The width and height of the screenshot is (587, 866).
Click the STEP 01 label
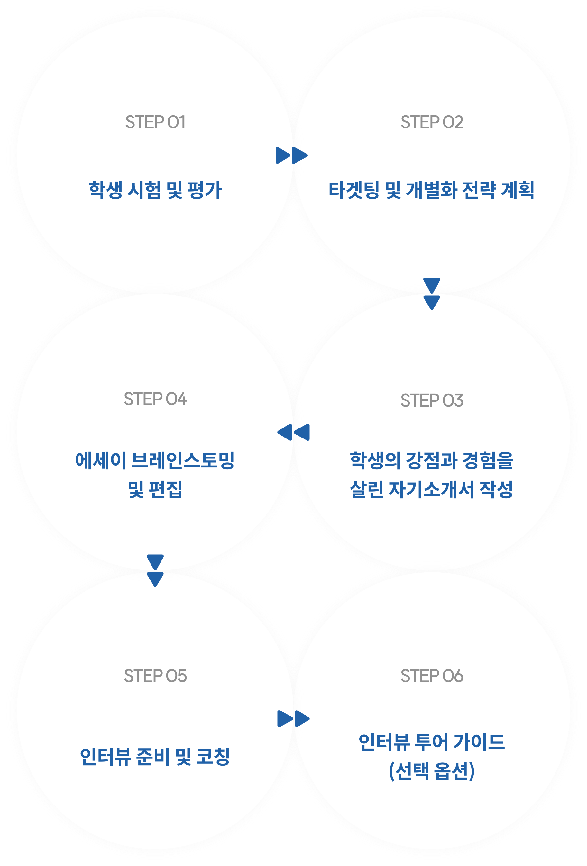pyautogui.click(x=155, y=122)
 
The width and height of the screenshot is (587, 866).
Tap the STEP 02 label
pyautogui.click(x=432, y=122)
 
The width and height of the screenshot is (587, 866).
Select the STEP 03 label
pyautogui.click(x=432, y=400)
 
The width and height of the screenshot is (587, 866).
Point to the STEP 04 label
pyautogui.click(x=155, y=399)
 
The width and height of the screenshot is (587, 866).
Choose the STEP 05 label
pyautogui.click(x=155, y=676)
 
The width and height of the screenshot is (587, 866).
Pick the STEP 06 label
pyautogui.click(x=432, y=676)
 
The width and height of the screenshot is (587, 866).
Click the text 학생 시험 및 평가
pyautogui.click(x=155, y=190)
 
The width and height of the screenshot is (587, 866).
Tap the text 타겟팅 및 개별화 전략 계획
pyautogui.click(x=431, y=190)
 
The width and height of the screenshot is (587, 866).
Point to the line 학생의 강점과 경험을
pyautogui.click(x=432, y=461)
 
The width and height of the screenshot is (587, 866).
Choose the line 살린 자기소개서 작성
pyautogui.click(x=432, y=490)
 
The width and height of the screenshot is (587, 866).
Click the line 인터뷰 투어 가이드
pyautogui.click(x=432, y=742)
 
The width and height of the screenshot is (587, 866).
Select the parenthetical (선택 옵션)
pyautogui.click(x=432, y=771)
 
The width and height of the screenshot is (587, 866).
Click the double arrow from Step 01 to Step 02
pyautogui.click(x=292, y=155)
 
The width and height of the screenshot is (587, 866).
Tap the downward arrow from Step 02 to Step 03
pyautogui.click(x=432, y=294)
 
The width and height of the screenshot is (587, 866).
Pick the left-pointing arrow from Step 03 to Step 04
pyautogui.click(x=293, y=432)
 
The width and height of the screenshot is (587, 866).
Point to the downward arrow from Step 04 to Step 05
pyautogui.click(x=155, y=570)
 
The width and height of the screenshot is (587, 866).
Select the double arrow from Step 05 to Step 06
pyautogui.click(x=293, y=719)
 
